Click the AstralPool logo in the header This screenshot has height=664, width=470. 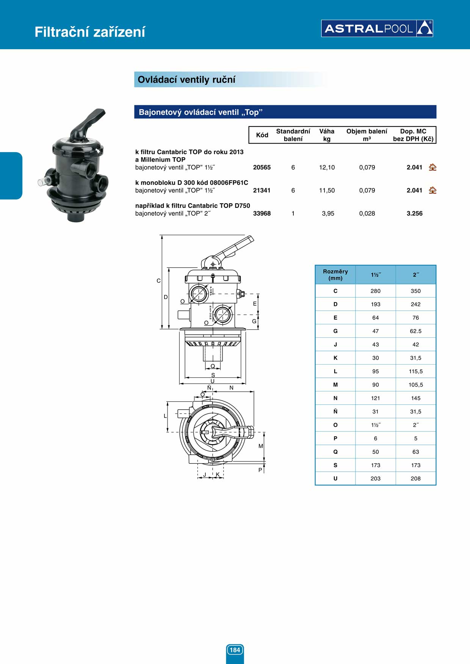(x=377, y=28)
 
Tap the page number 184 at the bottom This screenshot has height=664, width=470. (x=235, y=650)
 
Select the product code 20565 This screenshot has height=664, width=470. (x=262, y=167)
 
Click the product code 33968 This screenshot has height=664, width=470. (x=262, y=214)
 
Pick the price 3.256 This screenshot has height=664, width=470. (x=415, y=214)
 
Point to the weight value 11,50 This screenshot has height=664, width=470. (x=327, y=190)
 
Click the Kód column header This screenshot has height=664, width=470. (x=262, y=135)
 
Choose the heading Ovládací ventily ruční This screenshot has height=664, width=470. (x=186, y=79)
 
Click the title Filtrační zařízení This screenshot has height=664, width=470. (x=90, y=32)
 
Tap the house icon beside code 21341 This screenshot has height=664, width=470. (x=432, y=190)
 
